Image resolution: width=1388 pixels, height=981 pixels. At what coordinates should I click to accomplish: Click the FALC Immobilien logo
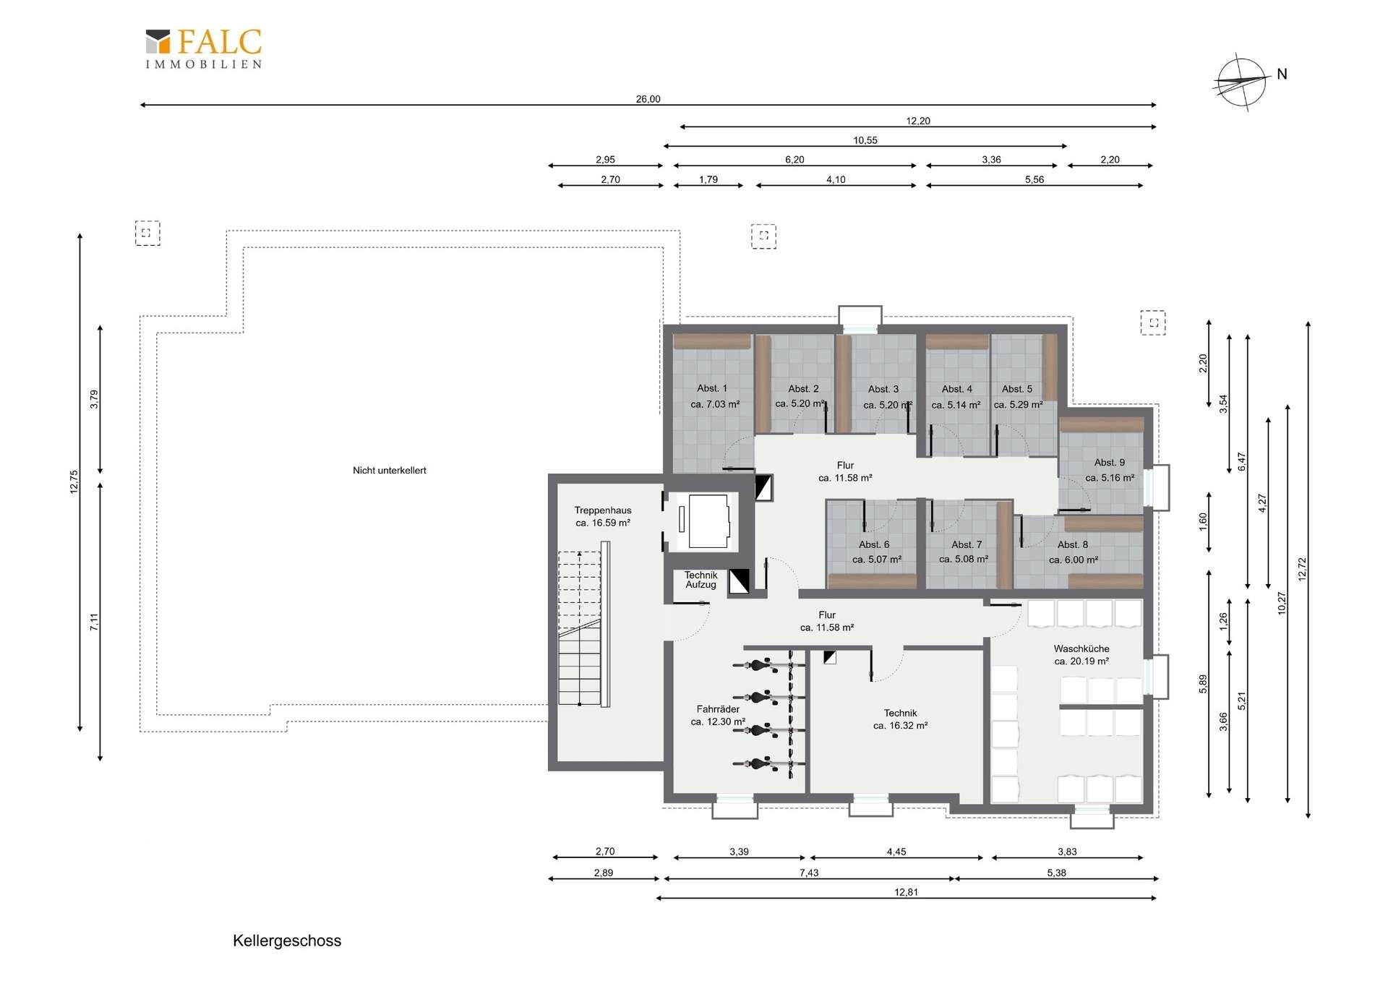click(204, 48)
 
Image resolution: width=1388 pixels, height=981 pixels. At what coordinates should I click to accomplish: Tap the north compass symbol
click(1242, 82)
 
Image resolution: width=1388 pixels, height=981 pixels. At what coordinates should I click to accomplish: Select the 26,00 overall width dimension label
click(648, 99)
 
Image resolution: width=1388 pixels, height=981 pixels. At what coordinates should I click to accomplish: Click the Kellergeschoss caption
click(287, 941)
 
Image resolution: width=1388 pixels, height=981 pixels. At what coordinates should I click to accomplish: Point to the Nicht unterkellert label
click(390, 471)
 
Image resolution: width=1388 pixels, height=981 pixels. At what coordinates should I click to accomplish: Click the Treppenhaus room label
click(603, 516)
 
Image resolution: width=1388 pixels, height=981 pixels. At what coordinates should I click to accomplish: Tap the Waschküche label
click(1081, 655)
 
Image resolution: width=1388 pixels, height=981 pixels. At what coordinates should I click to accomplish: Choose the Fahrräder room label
click(718, 716)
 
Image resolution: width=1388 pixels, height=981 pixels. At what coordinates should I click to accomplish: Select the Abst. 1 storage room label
click(714, 396)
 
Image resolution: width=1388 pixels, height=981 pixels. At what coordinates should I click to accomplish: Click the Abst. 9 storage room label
click(1110, 470)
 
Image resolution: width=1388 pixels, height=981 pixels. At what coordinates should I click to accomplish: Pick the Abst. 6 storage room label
click(876, 552)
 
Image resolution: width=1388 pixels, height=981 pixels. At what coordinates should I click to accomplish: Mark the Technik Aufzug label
click(701, 580)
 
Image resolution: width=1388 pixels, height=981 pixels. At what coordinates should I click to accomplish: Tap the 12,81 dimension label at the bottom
click(906, 892)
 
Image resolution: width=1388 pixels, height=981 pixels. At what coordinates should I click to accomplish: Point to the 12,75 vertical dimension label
click(74, 481)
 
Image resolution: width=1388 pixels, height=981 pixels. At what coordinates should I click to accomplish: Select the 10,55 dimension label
click(865, 140)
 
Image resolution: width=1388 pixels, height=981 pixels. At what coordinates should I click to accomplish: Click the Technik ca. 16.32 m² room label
click(900, 719)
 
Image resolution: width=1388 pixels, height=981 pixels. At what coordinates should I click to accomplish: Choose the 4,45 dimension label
click(896, 852)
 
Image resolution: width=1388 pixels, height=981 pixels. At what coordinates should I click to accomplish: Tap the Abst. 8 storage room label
click(1074, 552)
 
